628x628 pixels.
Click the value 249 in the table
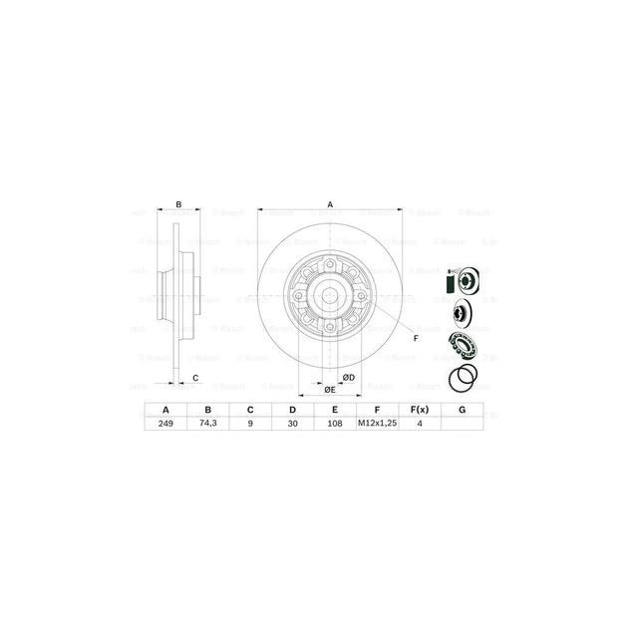(x=165, y=423)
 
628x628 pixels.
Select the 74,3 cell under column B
(x=207, y=423)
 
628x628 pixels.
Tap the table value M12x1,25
(x=377, y=423)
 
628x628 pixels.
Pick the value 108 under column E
(x=335, y=423)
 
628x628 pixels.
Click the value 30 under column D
(x=293, y=423)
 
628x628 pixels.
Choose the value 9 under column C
(x=250, y=423)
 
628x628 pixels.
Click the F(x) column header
(x=419, y=409)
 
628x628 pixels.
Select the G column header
(x=462, y=409)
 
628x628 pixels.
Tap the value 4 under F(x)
(x=419, y=423)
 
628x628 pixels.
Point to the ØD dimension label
(x=349, y=378)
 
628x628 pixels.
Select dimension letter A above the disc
(x=330, y=204)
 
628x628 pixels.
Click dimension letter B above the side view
(x=178, y=204)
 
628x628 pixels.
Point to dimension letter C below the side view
(x=195, y=377)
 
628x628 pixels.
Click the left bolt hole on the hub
(x=295, y=296)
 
